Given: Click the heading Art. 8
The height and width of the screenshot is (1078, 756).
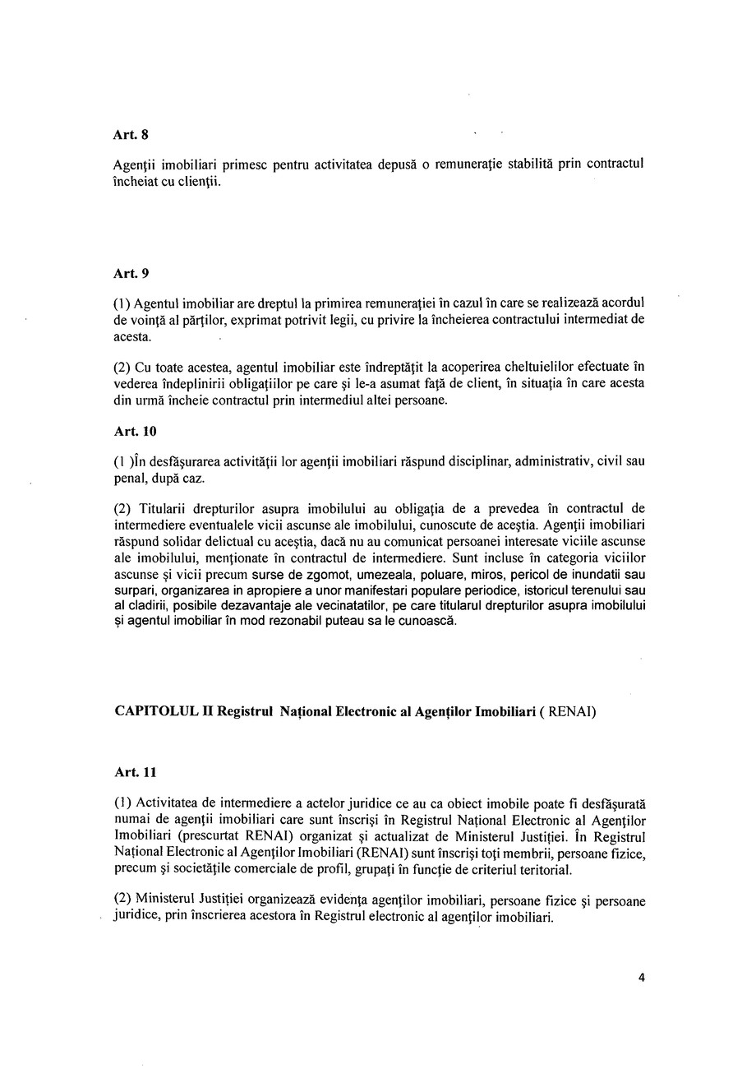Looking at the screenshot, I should [x=131, y=135].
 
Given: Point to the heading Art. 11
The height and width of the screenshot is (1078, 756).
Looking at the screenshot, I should [x=135, y=772].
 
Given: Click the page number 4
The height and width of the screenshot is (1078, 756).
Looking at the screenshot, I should [x=641, y=978].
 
